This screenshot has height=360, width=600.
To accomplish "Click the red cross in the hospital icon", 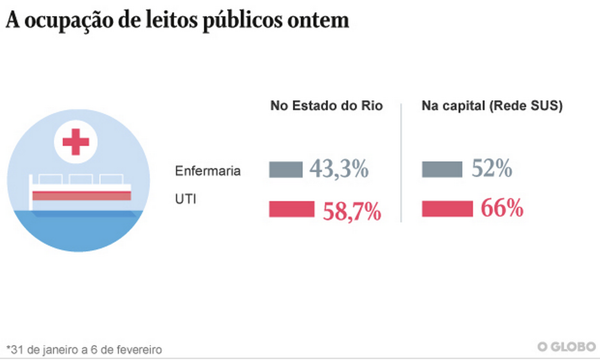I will (76, 142).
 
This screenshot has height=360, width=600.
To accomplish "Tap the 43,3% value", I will (339, 169).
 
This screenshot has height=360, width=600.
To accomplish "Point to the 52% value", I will (492, 169).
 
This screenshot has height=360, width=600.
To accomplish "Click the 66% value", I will (502, 209).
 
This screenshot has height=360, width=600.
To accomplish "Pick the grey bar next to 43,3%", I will (286, 170).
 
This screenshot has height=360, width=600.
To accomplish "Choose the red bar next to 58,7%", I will (292, 209).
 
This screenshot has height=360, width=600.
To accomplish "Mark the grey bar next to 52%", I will (442, 170).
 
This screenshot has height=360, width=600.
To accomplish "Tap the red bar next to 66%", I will (448, 209).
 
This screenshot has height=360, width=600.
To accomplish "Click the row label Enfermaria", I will (208, 171).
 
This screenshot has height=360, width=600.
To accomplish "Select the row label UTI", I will (185, 199).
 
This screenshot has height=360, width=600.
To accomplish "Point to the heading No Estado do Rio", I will (326, 106).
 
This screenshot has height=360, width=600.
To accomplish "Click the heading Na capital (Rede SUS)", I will (492, 106).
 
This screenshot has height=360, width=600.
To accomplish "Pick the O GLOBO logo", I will (567, 347).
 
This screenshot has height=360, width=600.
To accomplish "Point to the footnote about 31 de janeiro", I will (84, 350).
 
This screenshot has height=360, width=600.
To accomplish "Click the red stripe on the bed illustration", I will (81, 195).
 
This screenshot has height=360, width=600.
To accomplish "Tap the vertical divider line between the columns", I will (401, 163).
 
